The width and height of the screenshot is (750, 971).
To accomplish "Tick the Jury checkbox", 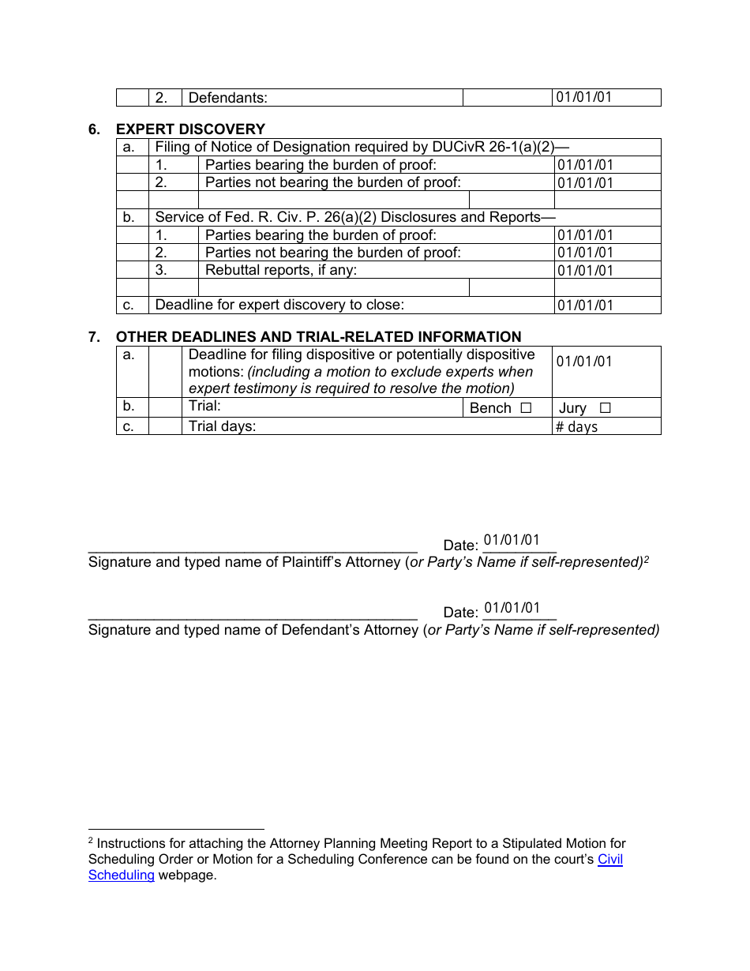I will click(605, 408).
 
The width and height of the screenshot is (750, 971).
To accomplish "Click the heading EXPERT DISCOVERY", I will click(190, 129).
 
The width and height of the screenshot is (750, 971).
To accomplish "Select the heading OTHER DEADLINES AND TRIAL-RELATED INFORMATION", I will click(318, 337).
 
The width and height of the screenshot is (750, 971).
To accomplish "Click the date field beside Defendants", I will click(584, 98).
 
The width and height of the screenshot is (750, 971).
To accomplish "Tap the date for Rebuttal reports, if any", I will click(585, 271).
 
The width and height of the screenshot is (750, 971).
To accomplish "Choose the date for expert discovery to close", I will click(585, 306).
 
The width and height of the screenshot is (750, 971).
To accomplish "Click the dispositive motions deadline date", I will click(584, 362).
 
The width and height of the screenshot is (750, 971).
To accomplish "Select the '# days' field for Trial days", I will click(577, 427).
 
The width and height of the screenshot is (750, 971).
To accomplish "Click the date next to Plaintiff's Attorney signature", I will click(512, 541).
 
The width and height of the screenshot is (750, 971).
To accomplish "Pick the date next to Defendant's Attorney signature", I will click(512, 608).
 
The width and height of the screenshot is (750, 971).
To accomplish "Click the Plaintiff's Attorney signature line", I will click(253, 546).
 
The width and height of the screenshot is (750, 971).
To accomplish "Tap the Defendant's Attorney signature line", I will click(253, 613).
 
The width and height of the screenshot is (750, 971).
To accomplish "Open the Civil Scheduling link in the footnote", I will click(609, 860).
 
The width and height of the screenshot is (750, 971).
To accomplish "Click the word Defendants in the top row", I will click(228, 98).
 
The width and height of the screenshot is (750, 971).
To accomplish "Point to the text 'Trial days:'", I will click(223, 426).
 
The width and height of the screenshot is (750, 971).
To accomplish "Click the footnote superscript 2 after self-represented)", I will click(646, 559).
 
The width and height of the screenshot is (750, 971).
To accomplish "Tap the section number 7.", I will click(94, 337).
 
